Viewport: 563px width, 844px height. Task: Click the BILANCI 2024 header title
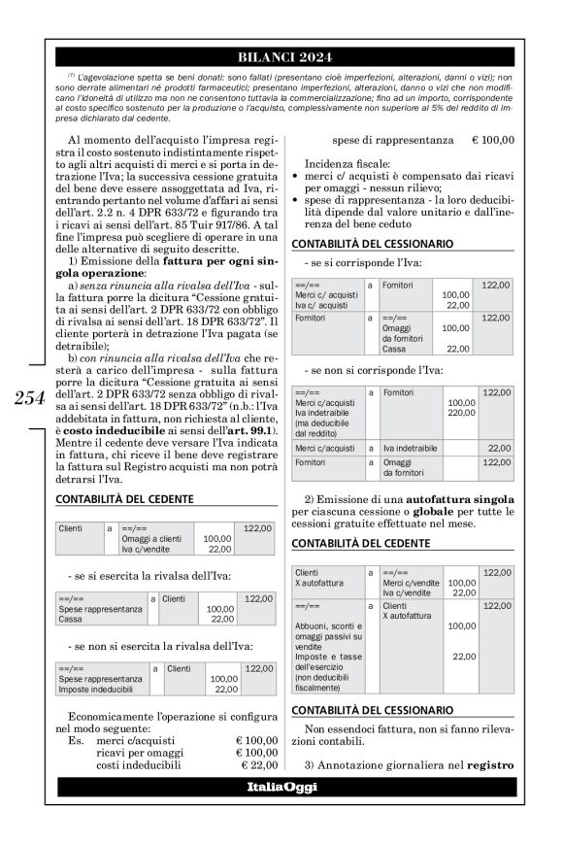(x=281, y=56)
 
